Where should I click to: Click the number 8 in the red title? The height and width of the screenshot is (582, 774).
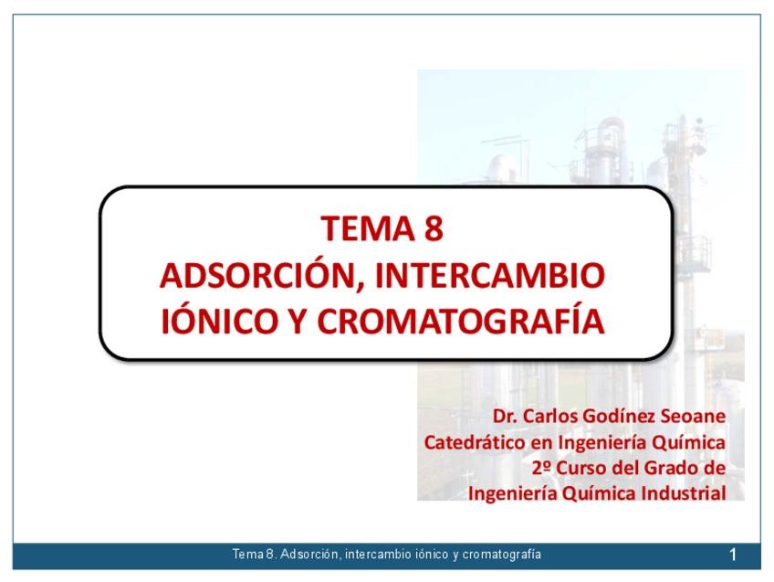(x=433, y=228)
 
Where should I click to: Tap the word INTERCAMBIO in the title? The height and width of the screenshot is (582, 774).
(x=489, y=275)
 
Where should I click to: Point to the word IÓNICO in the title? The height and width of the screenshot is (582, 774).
(x=218, y=321)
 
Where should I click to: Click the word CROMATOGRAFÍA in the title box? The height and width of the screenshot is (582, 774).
(x=461, y=320)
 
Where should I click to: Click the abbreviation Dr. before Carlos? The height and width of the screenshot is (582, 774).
(x=505, y=417)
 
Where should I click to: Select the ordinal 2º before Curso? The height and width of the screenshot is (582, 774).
(x=541, y=468)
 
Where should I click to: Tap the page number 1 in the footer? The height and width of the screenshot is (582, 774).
(x=733, y=556)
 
